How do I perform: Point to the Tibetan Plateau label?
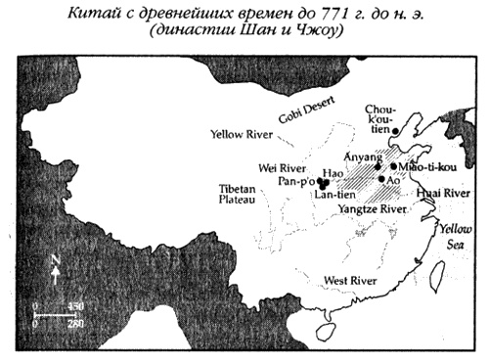[x=234, y=193]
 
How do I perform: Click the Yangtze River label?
[x=373, y=209]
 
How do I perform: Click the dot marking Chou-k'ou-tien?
[x=397, y=129]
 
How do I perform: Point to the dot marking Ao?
[x=381, y=180]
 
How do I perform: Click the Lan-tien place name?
[x=334, y=196]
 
